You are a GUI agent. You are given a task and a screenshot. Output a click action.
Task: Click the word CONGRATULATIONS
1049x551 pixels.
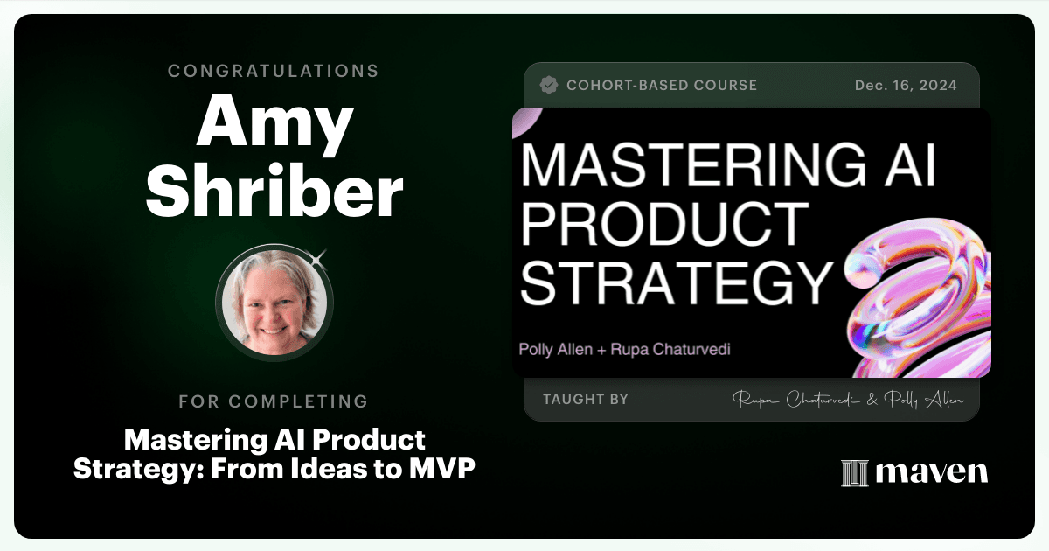[x=274, y=71]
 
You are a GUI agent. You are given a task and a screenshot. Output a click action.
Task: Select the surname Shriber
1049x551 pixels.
[x=274, y=191]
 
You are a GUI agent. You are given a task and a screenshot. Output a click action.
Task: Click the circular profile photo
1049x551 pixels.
[x=274, y=303]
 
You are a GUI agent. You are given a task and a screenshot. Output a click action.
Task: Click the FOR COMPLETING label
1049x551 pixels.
[x=274, y=401]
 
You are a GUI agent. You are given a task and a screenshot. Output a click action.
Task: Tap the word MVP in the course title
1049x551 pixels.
[x=442, y=469]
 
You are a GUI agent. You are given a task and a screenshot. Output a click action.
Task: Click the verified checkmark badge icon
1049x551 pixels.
[x=549, y=86]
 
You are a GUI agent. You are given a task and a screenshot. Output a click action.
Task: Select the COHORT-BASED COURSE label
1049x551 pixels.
[x=662, y=86]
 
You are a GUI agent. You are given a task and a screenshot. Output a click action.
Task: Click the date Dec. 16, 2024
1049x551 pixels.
[x=906, y=86]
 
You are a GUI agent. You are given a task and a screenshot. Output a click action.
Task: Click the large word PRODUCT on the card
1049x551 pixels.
[x=665, y=224]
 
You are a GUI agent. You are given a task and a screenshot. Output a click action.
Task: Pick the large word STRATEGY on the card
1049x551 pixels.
[x=677, y=283]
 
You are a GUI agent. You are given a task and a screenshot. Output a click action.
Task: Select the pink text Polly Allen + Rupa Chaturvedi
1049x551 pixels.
[x=625, y=350]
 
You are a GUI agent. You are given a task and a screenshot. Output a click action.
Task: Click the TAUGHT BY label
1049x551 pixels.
[x=586, y=399]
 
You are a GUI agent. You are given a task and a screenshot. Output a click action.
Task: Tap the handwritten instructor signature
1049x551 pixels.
[x=849, y=400]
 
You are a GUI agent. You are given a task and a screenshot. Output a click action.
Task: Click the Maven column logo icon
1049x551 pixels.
[x=855, y=473]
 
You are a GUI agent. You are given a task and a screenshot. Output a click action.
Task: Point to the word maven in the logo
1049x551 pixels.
[x=932, y=472]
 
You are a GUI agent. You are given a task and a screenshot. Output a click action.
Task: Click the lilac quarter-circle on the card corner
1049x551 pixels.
[x=524, y=120]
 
